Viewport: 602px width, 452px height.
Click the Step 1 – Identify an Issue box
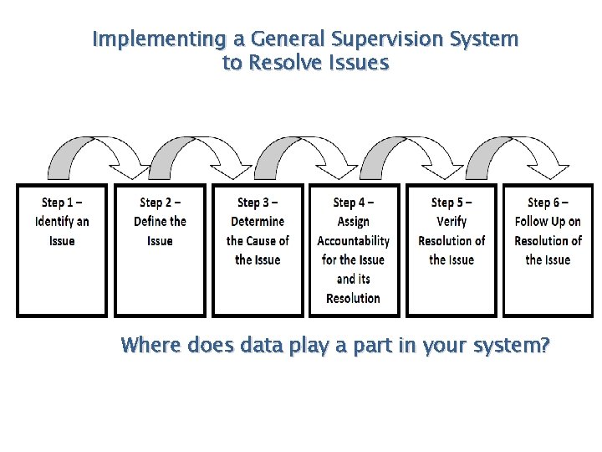[x=62, y=250]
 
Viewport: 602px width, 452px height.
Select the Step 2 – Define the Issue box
[x=160, y=250]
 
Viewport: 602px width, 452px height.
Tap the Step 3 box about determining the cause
[x=258, y=250]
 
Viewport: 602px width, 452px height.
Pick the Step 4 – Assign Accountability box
[x=353, y=250]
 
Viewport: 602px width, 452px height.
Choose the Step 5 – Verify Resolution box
[x=451, y=250]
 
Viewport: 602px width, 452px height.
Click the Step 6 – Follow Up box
[x=548, y=250]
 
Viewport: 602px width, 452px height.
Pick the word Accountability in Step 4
[x=353, y=241]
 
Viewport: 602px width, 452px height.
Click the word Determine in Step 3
[x=258, y=222]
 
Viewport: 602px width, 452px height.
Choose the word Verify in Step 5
[x=451, y=222]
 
